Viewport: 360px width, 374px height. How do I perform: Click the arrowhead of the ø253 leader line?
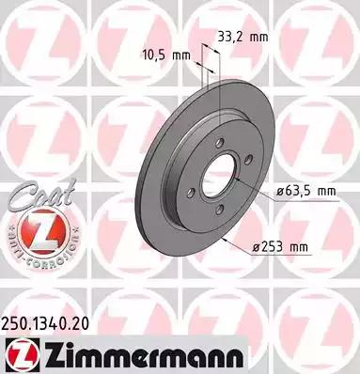coord(229,236)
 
